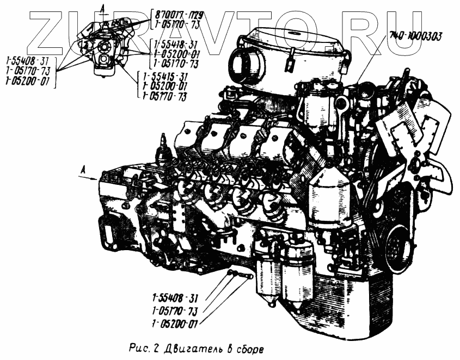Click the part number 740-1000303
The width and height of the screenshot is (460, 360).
pyautogui.click(x=415, y=36)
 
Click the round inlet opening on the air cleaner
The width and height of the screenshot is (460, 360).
pyautogui.click(x=240, y=65)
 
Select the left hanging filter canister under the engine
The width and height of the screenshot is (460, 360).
pyautogui.click(x=267, y=274)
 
